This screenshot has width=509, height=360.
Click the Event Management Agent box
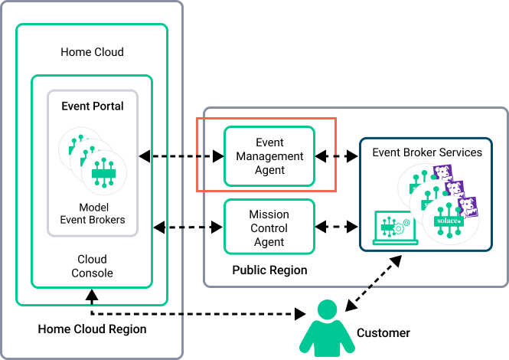(269, 156)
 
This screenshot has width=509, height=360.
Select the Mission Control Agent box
(269, 227)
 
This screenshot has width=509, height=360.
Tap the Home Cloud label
(92, 52)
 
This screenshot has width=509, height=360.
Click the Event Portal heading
(93, 106)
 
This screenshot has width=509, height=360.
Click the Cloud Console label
(92, 266)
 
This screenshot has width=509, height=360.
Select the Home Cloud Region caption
(92, 329)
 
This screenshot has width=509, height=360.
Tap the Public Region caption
(269, 270)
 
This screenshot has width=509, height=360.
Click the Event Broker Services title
(427, 152)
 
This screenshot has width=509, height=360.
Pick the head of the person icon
(328, 311)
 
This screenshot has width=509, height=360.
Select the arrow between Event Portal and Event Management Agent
(181, 156)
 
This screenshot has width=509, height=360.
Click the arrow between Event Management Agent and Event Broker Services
(337, 156)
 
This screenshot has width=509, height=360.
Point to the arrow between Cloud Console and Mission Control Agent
(188, 227)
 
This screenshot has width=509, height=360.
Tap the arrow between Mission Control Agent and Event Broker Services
(337, 227)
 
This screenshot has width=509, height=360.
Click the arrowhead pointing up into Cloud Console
(92, 293)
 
